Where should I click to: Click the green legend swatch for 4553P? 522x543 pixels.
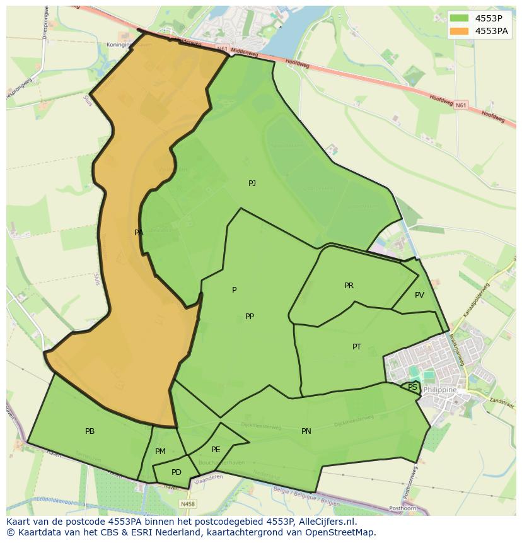[x=460, y=18]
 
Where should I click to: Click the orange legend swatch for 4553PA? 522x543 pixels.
[x=460, y=31]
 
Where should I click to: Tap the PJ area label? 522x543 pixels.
[x=252, y=184]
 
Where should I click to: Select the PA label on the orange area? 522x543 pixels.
[x=139, y=233]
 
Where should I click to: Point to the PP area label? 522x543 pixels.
[x=250, y=317]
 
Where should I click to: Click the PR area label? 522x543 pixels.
[x=349, y=286]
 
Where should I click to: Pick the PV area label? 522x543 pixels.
[x=419, y=295]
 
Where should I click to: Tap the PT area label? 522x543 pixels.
[x=357, y=347]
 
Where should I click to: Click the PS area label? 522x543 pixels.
[x=412, y=387]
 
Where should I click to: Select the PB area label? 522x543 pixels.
[x=90, y=431]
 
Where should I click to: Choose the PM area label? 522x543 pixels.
[x=160, y=452]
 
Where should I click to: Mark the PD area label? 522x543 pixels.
[x=177, y=472]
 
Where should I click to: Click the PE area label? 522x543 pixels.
[x=216, y=450]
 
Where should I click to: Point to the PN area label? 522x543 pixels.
[x=306, y=431]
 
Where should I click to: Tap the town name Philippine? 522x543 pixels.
[x=441, y=390]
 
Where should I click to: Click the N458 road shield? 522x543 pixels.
[x=187, y=504]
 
